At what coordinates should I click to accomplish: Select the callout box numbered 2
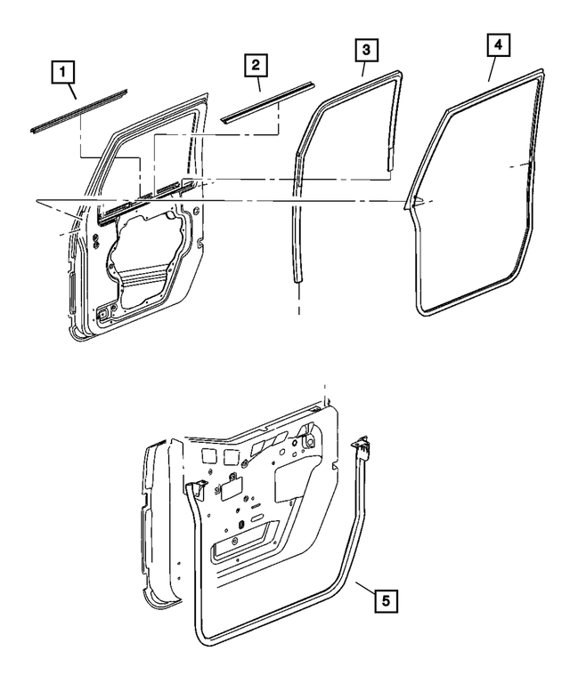(x=254, y=64)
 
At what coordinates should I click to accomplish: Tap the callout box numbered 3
(x=364, y=48)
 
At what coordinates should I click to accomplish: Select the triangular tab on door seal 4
(x=412, y=202)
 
